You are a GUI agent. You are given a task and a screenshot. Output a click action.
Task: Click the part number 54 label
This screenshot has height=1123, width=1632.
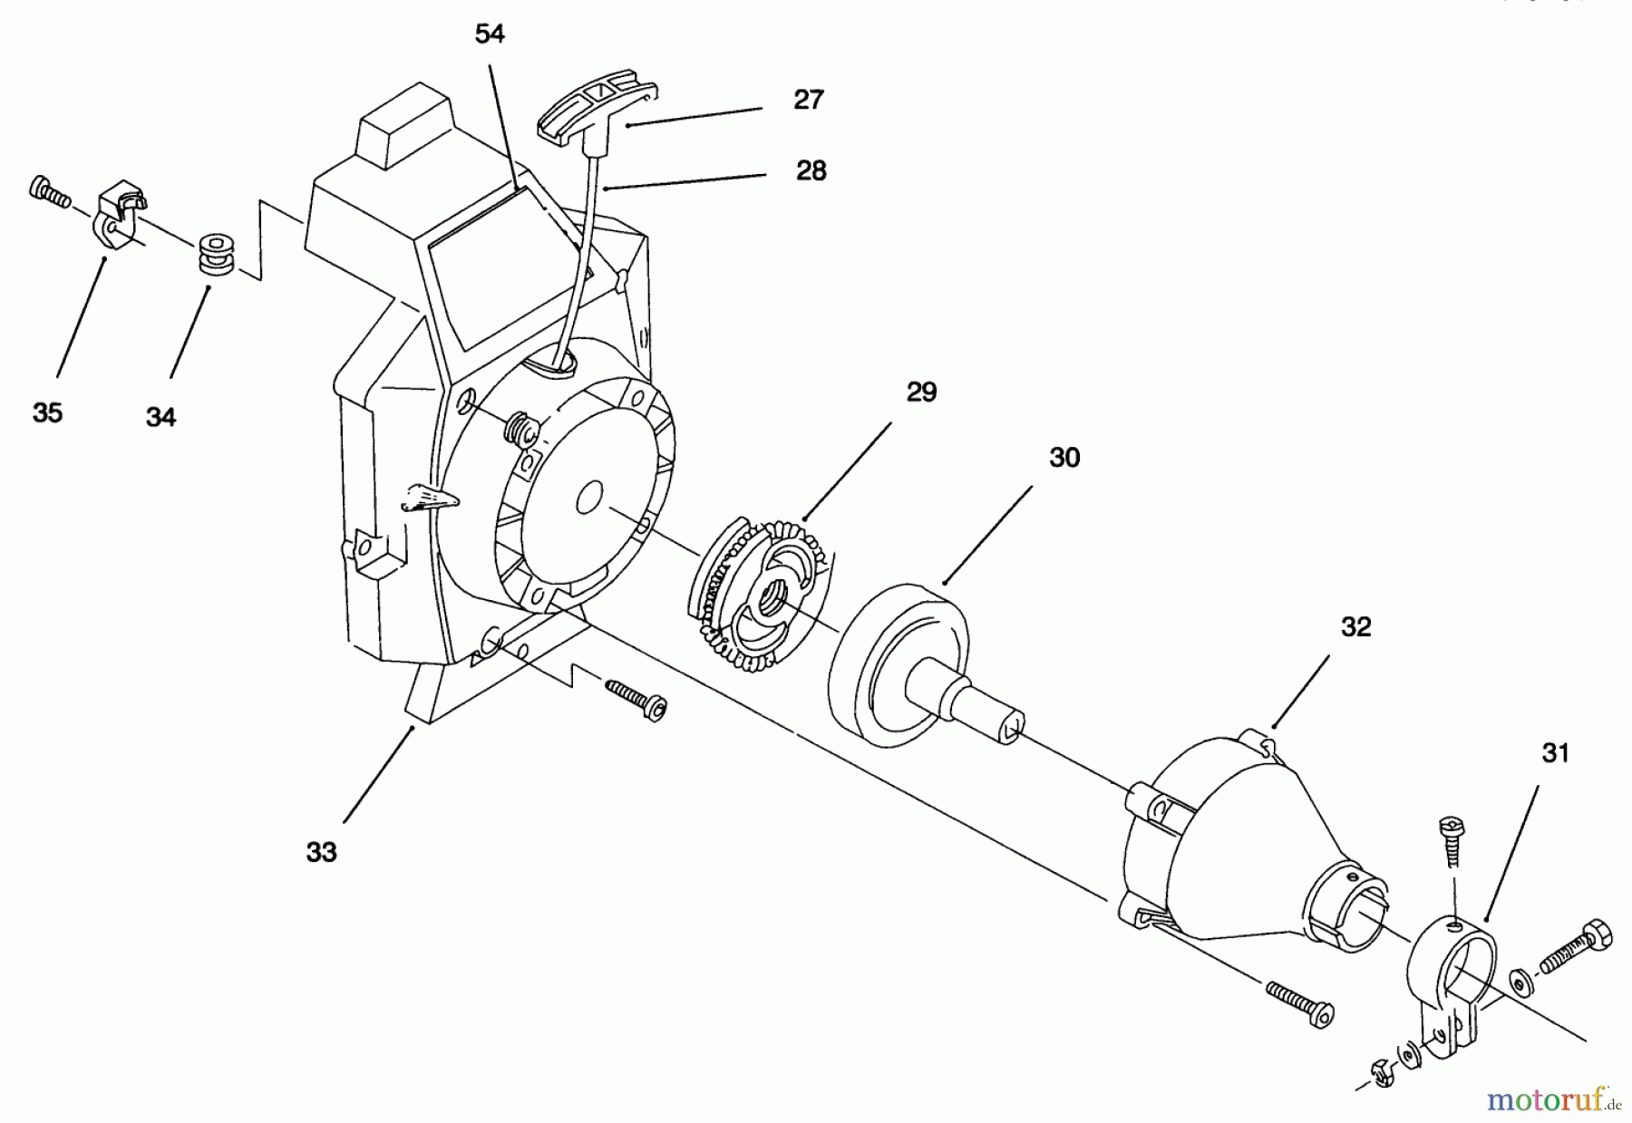pos(490,34)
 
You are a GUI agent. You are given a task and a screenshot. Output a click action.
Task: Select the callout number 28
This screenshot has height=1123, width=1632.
pos(811,170)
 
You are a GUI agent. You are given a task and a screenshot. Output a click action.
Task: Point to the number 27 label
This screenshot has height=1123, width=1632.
pos(808,100)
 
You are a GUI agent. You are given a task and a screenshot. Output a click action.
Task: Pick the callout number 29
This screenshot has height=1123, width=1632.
pos(921,392)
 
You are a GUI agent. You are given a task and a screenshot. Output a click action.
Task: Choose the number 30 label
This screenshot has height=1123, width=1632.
pos(1064,458)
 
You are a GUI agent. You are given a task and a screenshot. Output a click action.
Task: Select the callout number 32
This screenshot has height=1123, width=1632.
pos(1355,627)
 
